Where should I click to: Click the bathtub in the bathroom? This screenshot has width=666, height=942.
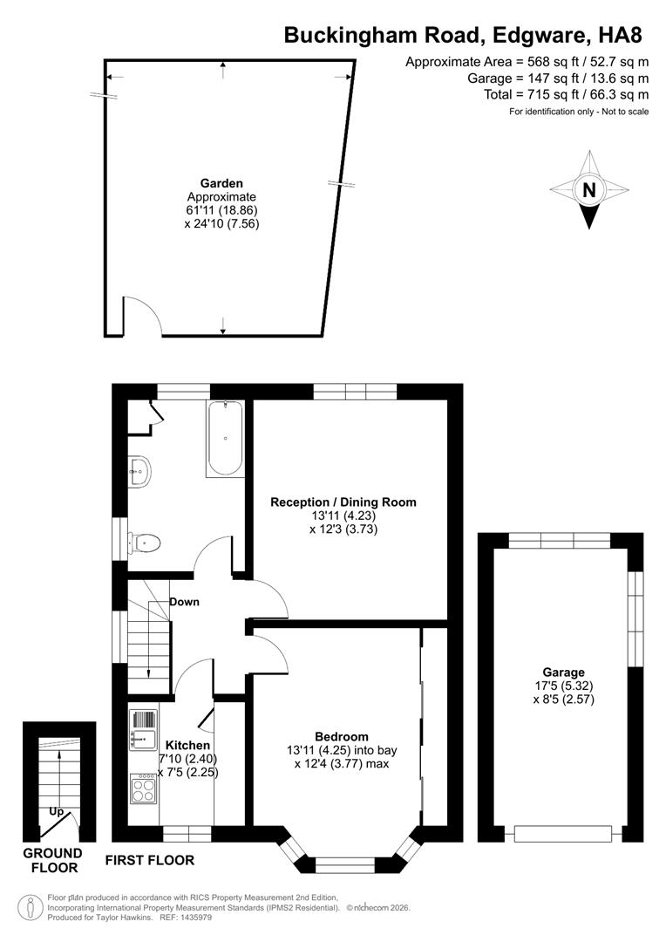225,438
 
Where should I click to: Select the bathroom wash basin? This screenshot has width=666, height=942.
139,471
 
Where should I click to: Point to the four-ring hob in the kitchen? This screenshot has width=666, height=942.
143,789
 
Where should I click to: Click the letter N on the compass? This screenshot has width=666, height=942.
589,190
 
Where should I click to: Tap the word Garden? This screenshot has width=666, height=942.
221,183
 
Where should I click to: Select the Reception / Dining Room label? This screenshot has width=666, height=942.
343,502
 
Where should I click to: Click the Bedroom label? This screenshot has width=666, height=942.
341,736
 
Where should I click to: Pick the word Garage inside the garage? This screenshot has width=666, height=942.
563,672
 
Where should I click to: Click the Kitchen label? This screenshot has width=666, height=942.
187,745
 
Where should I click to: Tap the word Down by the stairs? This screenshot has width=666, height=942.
184,602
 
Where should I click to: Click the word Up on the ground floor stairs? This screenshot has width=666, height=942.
56,811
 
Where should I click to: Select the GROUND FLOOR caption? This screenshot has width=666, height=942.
53,860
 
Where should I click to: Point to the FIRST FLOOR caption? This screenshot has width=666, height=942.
149,860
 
